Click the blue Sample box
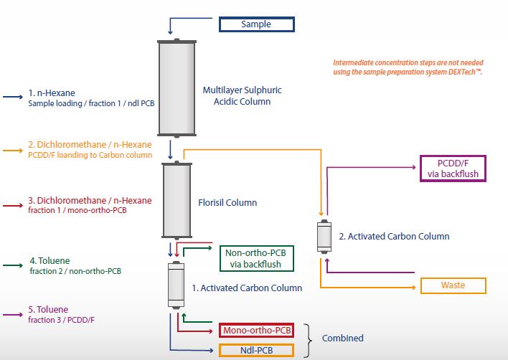click(x=256, y=24)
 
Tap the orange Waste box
click(x=453, y=285)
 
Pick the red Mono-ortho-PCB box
click(x=256, y=330)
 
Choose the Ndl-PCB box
click(x=256, y=350)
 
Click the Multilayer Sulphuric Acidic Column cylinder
click(x=177, y=87)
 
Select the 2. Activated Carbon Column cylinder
click(x=324, y=237)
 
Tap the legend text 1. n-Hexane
click(x=52, y=93)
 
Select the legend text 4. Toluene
click(x=50, y=260)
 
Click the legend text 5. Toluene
click(x=50, y=310)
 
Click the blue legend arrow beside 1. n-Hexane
click(x=13, y=97)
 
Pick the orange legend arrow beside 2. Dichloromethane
click(x=13, y=150)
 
